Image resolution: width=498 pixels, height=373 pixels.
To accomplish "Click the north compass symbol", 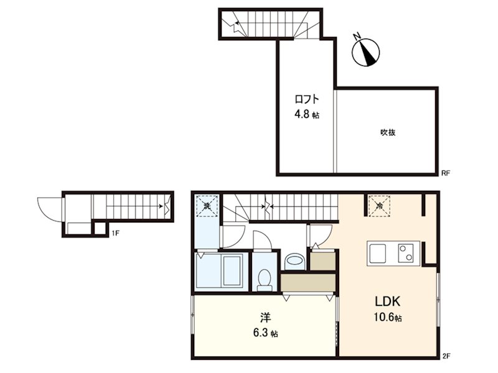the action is (x=365, y=52).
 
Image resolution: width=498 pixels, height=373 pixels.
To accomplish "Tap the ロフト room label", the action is (x=306, y=99).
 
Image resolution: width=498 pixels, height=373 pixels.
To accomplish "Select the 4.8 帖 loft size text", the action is (x=306, y=114).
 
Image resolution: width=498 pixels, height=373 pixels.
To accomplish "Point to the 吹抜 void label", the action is (x=388, y=132).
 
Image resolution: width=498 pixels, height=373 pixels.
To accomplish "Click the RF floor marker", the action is (x=446, y=173).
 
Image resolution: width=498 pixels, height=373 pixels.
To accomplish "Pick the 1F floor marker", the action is (x=115, y=234).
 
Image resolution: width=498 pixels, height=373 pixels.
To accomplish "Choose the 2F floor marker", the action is (x=446, y=356).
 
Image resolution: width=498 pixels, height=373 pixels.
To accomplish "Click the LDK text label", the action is (x=387, y=302).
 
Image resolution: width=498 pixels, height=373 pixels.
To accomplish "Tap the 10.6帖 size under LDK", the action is (x=387, y=317).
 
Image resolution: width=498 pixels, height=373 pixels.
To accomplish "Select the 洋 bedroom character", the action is (x=265, y=318).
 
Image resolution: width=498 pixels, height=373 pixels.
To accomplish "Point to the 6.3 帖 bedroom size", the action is (x=265, y=333).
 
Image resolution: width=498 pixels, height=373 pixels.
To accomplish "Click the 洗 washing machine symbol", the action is (x=207, y=206).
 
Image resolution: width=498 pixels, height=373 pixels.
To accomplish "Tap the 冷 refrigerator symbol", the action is (x=379, y=206).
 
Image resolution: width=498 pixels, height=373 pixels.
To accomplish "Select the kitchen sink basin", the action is (x=378, y=254).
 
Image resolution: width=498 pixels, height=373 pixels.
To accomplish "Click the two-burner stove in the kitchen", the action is (x=406, y=253).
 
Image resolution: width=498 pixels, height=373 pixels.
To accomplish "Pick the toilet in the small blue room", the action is (x=265, y=280).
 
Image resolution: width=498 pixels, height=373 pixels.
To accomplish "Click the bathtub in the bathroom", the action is (x=232, y=270).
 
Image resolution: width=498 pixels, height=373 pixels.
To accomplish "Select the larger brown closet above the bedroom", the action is (x=308, y=283).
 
